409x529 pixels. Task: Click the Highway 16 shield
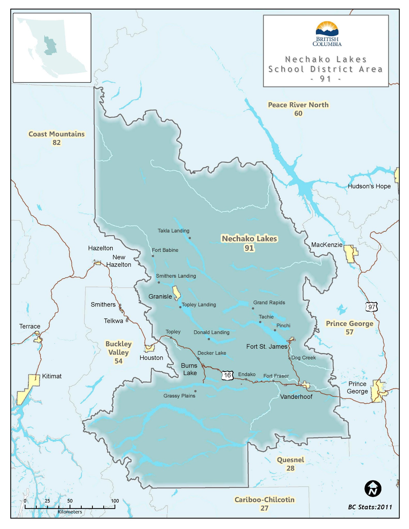228,375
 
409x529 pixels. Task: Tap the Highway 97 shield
372,307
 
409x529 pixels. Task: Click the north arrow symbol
373,489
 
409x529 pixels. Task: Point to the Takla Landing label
173,231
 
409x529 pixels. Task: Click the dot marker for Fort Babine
153,256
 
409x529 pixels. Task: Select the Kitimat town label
52,376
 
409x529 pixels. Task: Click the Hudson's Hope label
369,186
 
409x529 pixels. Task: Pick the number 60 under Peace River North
298,113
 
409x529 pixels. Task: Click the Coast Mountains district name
56,134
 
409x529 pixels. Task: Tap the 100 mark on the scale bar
115,501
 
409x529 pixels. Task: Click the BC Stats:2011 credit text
370,507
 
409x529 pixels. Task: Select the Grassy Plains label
179,396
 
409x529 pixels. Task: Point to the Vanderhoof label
296,397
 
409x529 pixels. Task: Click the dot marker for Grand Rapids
253,308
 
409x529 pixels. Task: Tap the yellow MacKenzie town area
351,254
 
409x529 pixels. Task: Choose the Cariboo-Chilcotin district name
264,500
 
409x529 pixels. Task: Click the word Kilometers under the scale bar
70,512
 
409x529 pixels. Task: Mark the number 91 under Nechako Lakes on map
249,248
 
